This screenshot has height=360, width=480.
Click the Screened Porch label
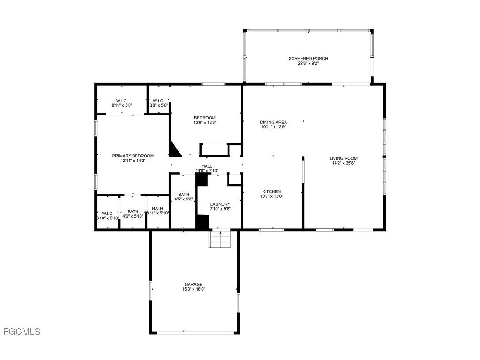coord(308,58)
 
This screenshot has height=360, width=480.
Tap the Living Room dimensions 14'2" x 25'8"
coord(343,163)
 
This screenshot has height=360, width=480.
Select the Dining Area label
coord(274,122)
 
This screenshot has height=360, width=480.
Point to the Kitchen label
coord(271,191)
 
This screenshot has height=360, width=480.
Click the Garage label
coord(194,284)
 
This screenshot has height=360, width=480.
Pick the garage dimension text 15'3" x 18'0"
coord(194,289)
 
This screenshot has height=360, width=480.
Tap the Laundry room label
coord(220,204)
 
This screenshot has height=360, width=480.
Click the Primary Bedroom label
coord(133,156)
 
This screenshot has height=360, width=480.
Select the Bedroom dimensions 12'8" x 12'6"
coord(205,123)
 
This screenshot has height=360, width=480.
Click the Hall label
coord(207,166)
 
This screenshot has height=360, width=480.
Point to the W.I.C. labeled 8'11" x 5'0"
coord(122,100)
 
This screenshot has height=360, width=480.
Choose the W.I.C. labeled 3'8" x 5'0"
coord(159,100)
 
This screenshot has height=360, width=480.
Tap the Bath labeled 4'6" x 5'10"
coord(133,211)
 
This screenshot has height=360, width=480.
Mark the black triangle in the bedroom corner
coord(174,150)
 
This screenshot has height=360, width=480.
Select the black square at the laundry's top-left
coord(202,179)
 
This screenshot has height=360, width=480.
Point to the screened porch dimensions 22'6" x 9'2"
coord(308,63)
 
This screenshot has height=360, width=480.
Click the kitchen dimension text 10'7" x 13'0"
coord(271,196)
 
